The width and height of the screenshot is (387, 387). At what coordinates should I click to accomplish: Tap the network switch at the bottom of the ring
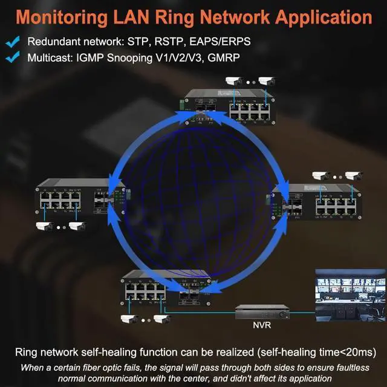(166, 291)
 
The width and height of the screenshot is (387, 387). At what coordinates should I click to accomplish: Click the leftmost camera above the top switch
(233, 80)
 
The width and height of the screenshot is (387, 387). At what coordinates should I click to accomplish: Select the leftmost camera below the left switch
(44, 227)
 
